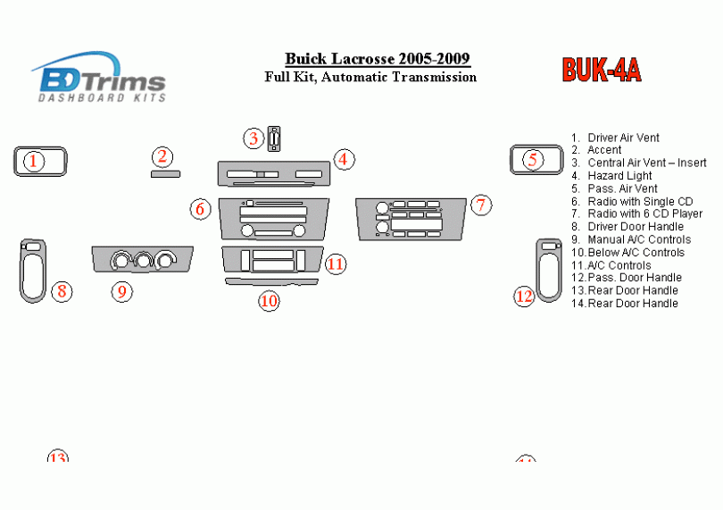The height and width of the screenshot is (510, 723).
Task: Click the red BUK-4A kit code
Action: (x=601, y=71)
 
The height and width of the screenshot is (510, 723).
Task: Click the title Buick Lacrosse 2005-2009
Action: (x=378, y=59)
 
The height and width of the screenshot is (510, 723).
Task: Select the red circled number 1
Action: (x=33, y=161)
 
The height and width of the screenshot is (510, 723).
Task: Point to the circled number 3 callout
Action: (x=253, y=138)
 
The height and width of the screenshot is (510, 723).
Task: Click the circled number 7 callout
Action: (x=481, y=205)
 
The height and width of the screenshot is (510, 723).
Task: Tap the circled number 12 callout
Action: (x=524, y=296)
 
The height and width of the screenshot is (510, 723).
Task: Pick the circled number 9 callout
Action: (x=122, y=290)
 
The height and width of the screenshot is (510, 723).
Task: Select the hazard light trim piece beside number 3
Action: (x=274, y=139)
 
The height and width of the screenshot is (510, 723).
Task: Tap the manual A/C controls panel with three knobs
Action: (x=142, y=259)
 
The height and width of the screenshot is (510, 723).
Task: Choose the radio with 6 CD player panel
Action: (x=411, y=219)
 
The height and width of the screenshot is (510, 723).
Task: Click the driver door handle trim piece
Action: (x=33, y=270)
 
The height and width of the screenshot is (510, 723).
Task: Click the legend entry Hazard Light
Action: (x=619, y=176)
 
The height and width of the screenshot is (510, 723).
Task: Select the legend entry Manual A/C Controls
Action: (x=638, y=239)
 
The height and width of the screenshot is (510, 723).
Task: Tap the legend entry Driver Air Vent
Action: (x=623, y=138)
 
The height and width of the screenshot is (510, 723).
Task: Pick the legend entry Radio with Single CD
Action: (x=639, y=202)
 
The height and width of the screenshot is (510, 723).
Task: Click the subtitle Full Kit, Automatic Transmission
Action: (x=370, y=78)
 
